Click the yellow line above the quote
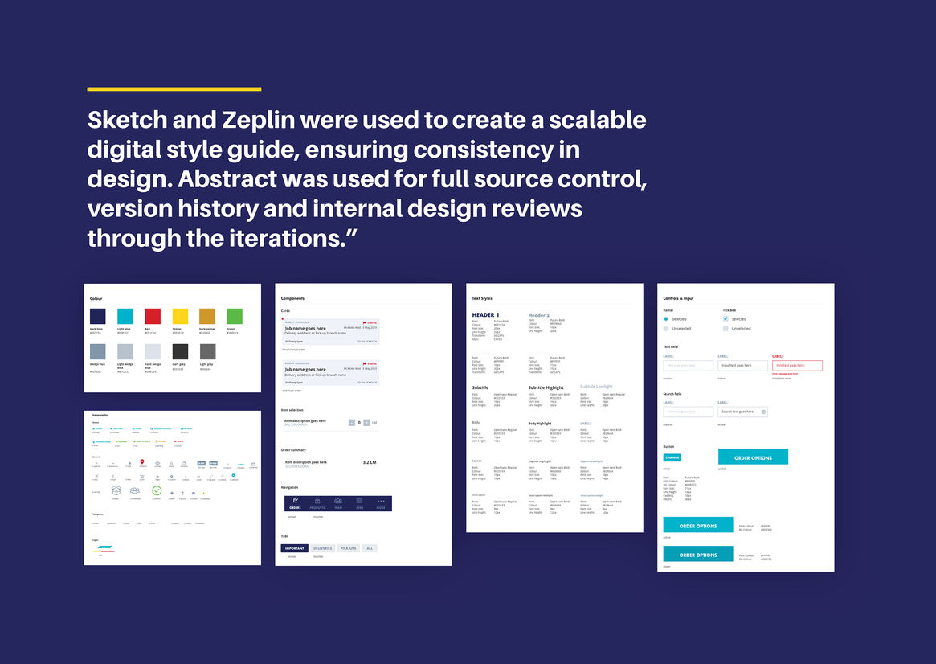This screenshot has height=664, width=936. click(174, 88)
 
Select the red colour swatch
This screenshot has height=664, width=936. click(152, 316)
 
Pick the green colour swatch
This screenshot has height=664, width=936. click(235, 316)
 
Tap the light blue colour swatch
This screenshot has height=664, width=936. click(125, 316)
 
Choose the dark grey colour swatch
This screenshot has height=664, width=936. click(180, 351)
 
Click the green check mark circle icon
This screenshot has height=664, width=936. click(157, 490)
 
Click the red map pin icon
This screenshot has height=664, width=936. click(142, 462)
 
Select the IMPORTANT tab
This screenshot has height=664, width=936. click(293, 548)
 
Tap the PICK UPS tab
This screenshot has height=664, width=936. click(348, 548)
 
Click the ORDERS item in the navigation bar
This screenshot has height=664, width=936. click(295, 503)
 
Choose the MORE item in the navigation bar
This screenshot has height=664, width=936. click(381, 503)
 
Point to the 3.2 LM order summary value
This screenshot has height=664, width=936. click(370, 462)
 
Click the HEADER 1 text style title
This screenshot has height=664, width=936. click(485, 315)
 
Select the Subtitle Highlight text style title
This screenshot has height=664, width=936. click(546, 387)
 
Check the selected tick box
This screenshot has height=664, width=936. click(726, 319)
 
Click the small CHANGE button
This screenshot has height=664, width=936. click(672, 457)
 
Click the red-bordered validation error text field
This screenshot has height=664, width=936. click(797, 366)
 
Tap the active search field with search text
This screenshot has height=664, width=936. click(742, 412)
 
